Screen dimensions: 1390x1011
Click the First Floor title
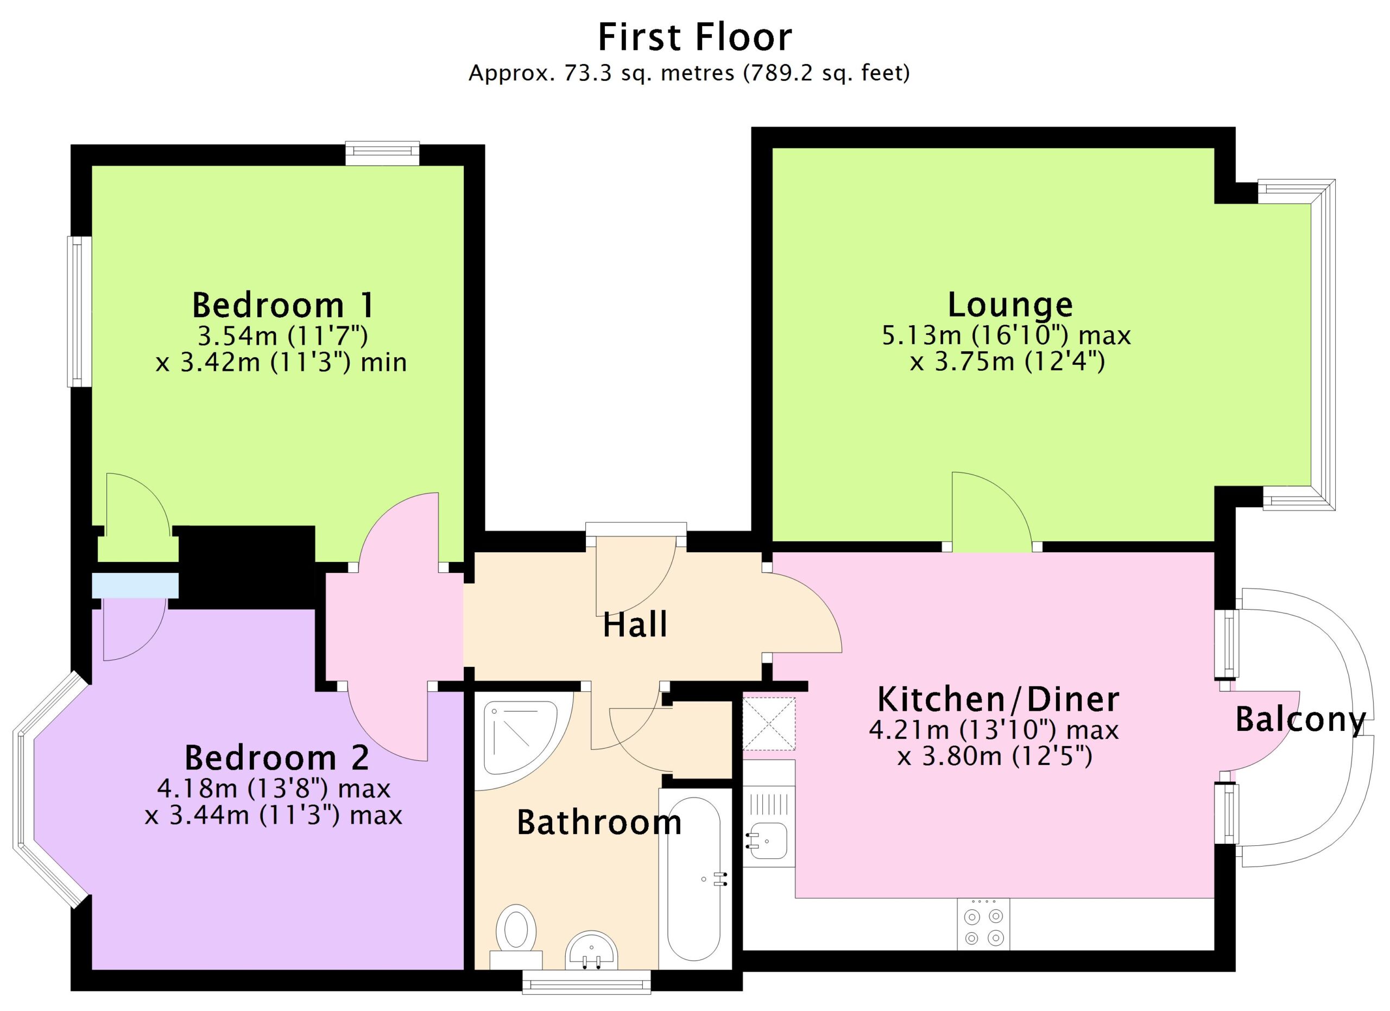[x=694, y=37]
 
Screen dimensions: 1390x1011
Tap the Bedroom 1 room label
[x=282, y=305]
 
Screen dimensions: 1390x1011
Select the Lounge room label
[x=1010, y=305]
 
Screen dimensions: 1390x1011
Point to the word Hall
[x=635, y=624]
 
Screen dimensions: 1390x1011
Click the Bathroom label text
[x=599, y=822]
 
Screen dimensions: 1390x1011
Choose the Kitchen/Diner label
[x=999, y=699]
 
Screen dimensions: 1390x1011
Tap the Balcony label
[x=1300, y=721]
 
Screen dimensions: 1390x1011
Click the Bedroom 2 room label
[x=277, y=758]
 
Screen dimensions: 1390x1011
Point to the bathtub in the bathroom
[x=694, y=879]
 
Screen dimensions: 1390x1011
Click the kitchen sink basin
[x=768, y=841]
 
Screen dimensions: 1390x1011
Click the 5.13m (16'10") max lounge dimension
[x=1006, y=335]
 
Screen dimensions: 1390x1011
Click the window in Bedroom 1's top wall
[x=382, y=153]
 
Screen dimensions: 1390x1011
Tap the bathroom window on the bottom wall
[x=586, y=982]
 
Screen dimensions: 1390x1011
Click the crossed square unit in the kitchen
[x=769, y=723]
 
